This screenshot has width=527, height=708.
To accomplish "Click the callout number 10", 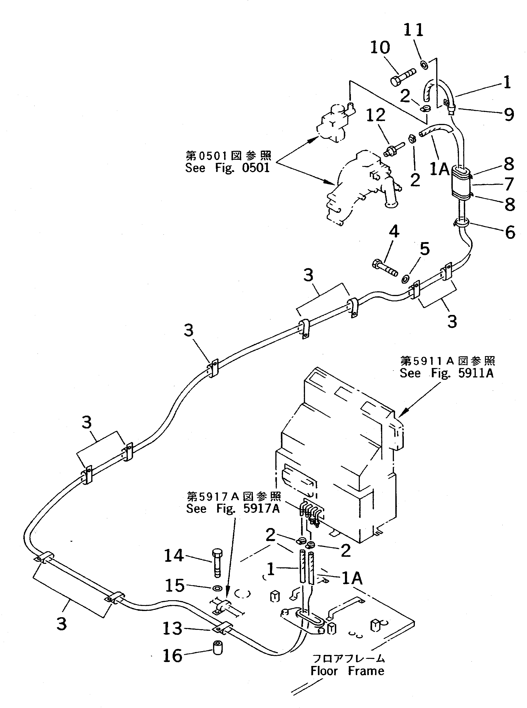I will pos(380,48).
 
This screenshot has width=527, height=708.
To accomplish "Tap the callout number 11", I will pos(413,30).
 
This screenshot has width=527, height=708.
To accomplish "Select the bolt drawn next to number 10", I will pos(402,77).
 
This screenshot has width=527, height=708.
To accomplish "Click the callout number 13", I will pos(172,628).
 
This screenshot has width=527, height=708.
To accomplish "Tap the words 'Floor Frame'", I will pos(347,671).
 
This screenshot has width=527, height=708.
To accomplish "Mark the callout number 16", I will pos(172,656).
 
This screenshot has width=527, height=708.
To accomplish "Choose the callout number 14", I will pos(174,556).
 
